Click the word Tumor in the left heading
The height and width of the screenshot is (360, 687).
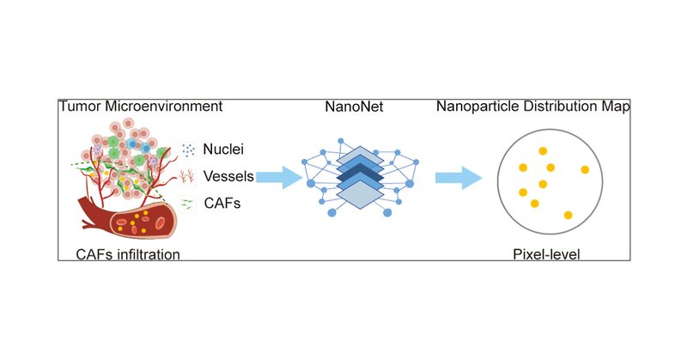pyautogui.click(x=79, y=107)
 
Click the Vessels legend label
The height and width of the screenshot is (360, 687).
pyautogui.click(x=228, y=177)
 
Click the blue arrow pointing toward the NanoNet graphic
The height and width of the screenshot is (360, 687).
pyautogui.click(x=279, y=178)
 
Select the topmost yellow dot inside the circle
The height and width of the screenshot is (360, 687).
pyautogui.click(x=543, y=151)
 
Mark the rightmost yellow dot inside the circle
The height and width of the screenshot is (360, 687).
pyautogui.click(x=585, y=169)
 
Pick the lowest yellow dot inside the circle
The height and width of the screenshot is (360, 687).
pyautogui.click(x=568, y=214)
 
